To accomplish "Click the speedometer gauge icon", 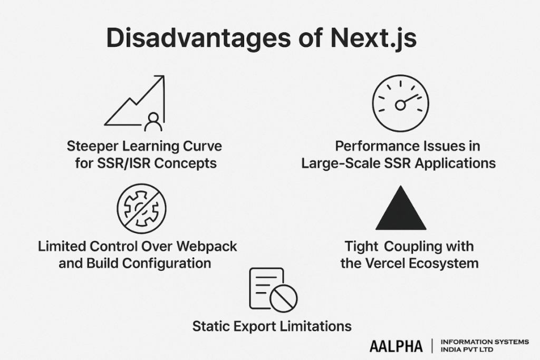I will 400,103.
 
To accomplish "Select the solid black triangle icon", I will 401,209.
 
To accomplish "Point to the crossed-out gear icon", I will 141,208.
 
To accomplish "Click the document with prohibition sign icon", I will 273,289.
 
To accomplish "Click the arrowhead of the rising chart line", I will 160,80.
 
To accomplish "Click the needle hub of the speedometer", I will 400,105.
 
